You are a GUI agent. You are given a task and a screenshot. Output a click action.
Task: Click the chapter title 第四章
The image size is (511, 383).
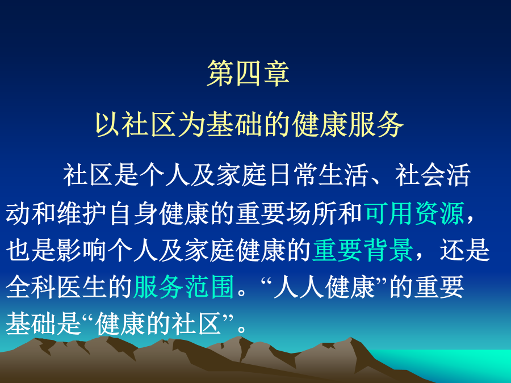(x=248, y=73)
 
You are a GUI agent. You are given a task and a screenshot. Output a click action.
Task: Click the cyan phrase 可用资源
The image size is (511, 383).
(x=415, y=213)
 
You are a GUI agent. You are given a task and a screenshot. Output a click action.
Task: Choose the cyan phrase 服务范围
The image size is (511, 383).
(x=184, y=287)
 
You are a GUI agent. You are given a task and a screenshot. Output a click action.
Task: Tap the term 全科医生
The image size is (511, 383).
(x=57, y=287)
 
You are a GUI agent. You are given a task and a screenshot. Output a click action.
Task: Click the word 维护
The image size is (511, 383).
(x=82, y=213)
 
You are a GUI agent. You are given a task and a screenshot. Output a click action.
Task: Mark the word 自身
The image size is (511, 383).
(x=133, y=213)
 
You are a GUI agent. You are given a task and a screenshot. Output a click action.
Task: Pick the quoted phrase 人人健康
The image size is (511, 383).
(x=325, y=287)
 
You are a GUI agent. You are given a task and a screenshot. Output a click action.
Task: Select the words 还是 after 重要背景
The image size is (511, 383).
(x=464, y=250)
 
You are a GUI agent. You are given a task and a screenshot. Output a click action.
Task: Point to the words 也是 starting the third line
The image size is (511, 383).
(x=31, y=250)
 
